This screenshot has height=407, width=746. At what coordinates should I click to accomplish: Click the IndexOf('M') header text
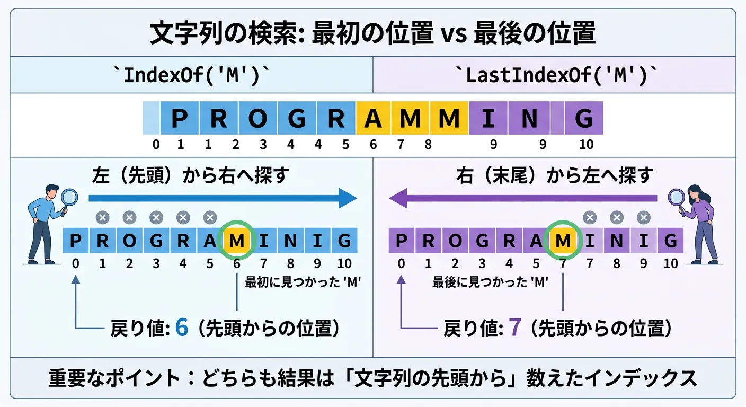[191, 75]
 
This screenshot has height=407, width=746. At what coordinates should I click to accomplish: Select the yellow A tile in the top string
[373, 118]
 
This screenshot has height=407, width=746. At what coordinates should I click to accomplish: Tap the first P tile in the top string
[180, 118]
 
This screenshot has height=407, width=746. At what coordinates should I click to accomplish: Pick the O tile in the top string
[258, 118]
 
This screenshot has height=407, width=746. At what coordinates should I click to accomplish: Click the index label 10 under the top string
[586, 145]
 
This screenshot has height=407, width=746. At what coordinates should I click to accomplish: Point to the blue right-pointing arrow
[223, 198]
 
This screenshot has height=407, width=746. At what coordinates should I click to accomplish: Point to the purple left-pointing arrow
[523, 198]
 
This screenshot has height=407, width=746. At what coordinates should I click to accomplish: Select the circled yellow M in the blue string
[236, 240]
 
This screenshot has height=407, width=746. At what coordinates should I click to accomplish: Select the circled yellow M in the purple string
[563, 240]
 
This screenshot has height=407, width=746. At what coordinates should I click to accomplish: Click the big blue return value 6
[182, 327]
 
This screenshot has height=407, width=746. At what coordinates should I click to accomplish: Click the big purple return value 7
[514, 327]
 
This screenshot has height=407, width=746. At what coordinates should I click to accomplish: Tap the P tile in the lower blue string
[76, 241]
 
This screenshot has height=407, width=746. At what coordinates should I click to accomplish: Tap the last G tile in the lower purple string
[670, 241]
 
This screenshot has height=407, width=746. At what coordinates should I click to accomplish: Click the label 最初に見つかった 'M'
[303, 282]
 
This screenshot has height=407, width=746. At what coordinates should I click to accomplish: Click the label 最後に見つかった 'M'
[490, 282]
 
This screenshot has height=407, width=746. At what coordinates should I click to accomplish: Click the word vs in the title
[454, 34]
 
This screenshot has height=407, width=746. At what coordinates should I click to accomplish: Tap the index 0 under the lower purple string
[401, 263]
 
